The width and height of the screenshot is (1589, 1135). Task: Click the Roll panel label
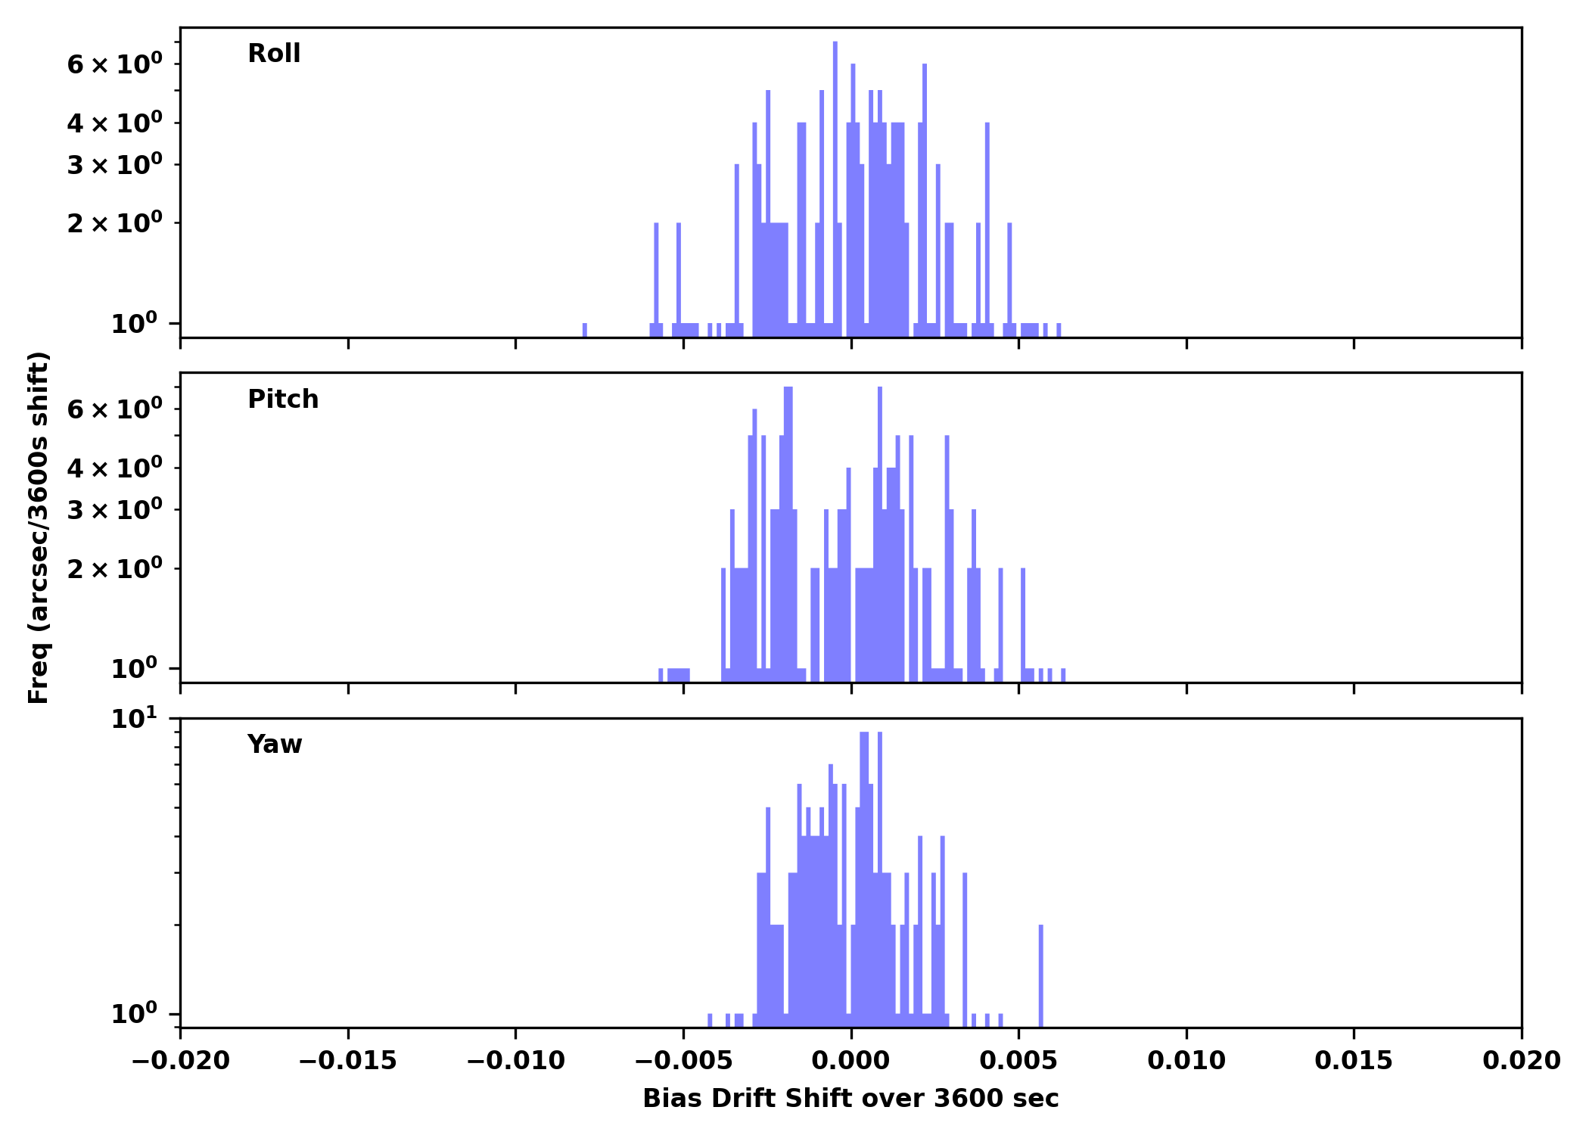coord(274,54)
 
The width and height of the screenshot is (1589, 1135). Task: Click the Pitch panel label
coord(283,400)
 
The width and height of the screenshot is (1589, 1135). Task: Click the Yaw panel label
coord(274,745)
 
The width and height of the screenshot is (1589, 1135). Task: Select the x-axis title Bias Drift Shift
coord(850,1099)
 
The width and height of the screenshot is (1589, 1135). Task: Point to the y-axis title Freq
coord(39,527)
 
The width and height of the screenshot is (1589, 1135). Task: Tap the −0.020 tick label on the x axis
coord(180,1061)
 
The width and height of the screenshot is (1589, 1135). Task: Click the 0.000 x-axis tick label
coord(850,1061)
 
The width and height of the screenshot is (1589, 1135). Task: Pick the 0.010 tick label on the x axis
coord(1186,1061)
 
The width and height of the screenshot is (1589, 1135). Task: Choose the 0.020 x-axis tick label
coord(1521,1061)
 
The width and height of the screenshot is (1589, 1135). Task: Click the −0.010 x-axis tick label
coord(515,1061)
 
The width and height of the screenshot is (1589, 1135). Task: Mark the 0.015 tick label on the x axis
coord(1354,1061)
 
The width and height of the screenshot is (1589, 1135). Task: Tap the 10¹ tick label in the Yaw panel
coord(135,719)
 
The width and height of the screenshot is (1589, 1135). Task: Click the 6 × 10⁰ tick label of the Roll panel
coord(114,64)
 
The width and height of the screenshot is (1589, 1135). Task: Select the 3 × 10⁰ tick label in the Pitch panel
coord(114,510)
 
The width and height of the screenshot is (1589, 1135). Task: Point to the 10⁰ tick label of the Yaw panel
coord(135,1014)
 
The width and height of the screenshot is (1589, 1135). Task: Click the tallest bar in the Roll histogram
coord(835,189)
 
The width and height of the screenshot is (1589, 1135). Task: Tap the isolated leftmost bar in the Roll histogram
coord(585,330)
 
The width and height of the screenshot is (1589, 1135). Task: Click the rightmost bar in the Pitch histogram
coord(1063,675)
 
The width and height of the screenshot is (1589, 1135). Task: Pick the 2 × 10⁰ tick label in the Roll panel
coord(114,223)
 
